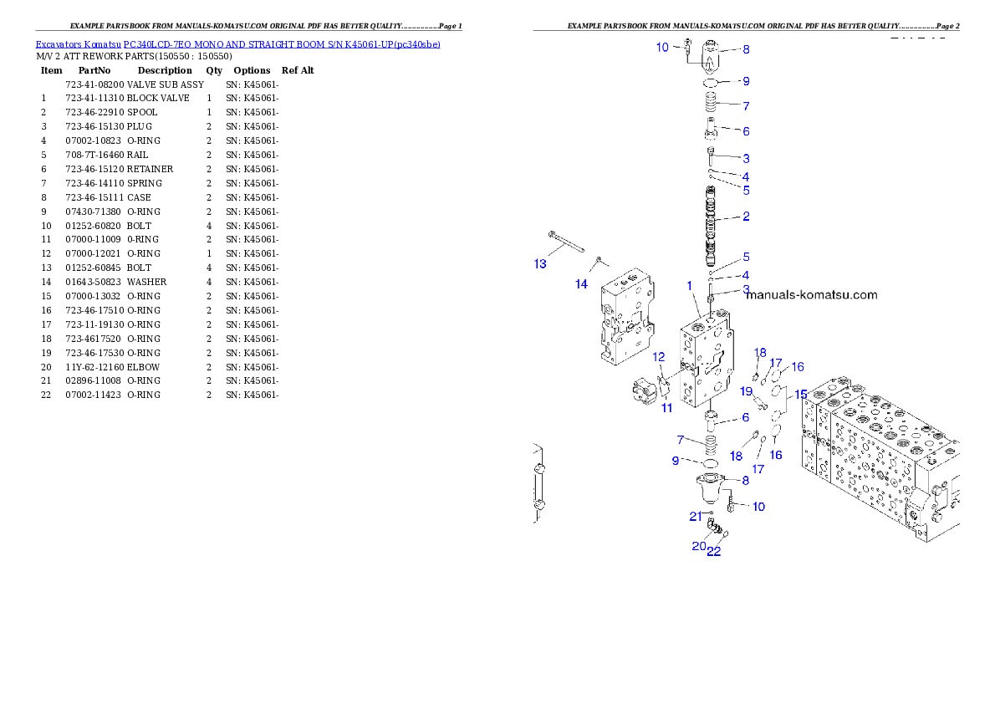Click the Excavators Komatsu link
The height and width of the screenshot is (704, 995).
[78, 44]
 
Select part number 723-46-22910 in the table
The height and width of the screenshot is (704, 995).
[94, 112]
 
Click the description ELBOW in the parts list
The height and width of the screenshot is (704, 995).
[144, 368]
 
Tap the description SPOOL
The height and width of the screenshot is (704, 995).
[142, 112]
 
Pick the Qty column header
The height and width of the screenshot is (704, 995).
[214, 70]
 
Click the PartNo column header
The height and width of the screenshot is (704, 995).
[94, 70]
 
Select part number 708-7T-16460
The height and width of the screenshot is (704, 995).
[94, 155]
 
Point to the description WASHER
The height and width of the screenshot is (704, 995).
[146, 282]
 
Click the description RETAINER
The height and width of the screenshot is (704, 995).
[150, 169]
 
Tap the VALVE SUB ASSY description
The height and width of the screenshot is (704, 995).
[166, 84]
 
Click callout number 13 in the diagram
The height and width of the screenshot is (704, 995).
[540, 263]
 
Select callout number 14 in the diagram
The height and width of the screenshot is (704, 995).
[581, 283]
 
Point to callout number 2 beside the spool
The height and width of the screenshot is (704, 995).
[746, 217]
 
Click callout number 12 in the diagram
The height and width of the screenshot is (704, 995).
[659, 357]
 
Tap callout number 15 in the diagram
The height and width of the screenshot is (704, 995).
[801, 394]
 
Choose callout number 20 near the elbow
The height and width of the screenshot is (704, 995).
[699, 546]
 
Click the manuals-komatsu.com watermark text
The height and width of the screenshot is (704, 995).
[812, 294]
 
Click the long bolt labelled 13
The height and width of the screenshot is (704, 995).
[566, 242]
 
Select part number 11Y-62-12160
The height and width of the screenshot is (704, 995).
[94, 368]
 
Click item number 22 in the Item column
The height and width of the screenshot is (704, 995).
[46, 395]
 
